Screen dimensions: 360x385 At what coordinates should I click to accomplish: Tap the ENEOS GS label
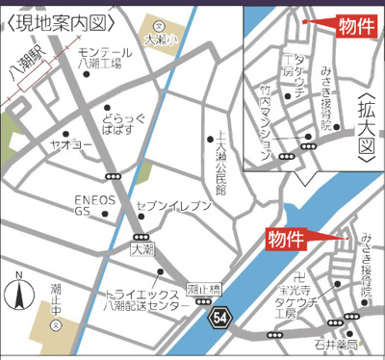coord(95,206)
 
